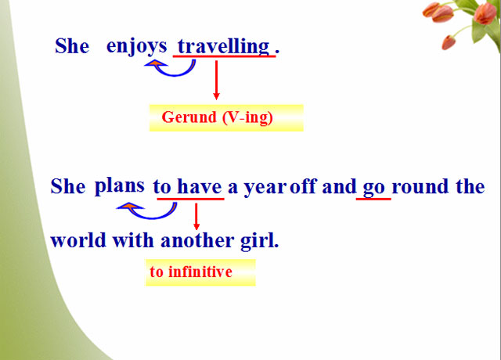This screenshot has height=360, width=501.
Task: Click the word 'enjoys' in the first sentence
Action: point(136,46)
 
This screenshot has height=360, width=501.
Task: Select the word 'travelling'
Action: point(224,46)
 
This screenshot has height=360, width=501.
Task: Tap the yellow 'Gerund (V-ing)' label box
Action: point(225,117)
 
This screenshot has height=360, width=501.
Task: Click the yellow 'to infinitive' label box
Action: point(200,272)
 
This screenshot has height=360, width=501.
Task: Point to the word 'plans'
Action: point(119,186)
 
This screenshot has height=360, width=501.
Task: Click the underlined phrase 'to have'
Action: point(188,187)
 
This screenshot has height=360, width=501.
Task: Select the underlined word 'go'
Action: point(373,188)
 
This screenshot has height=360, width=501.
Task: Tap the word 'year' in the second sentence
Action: point(265,188)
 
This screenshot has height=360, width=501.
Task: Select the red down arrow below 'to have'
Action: point(196,216)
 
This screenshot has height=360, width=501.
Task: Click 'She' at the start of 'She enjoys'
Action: point(72,46)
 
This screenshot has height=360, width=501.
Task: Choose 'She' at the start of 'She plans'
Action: point(67,187)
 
